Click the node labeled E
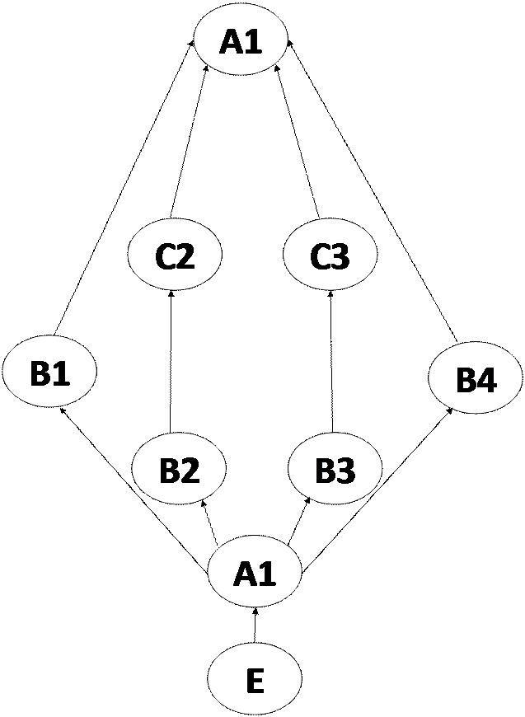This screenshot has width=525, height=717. (x=255, y=680)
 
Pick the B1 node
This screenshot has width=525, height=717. (x=49, y=373)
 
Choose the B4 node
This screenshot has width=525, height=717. (x=476, y=380)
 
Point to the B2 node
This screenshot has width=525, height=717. (x=179, y=470)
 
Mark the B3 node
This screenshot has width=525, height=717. (x=335, y=470)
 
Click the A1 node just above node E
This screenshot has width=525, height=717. (x=255, y=573)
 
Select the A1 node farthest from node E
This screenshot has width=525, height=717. (x=241, y=40)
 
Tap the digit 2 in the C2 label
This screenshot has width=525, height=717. (x=186, y=257)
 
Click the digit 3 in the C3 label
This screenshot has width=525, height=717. (x=341, y=257)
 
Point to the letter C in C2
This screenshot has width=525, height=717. (x=164, y=257)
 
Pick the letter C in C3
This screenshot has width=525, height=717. (x=319, y=257)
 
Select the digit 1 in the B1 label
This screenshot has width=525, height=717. (x=61, y=373)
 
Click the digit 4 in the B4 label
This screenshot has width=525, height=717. (x=487, y=381)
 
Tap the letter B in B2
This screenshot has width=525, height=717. (x=168, y=471)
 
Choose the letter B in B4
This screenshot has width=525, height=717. (x=465, y=381)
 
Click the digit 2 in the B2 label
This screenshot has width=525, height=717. (x=190, y=471)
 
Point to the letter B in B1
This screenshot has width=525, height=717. (x=40, y=373)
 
